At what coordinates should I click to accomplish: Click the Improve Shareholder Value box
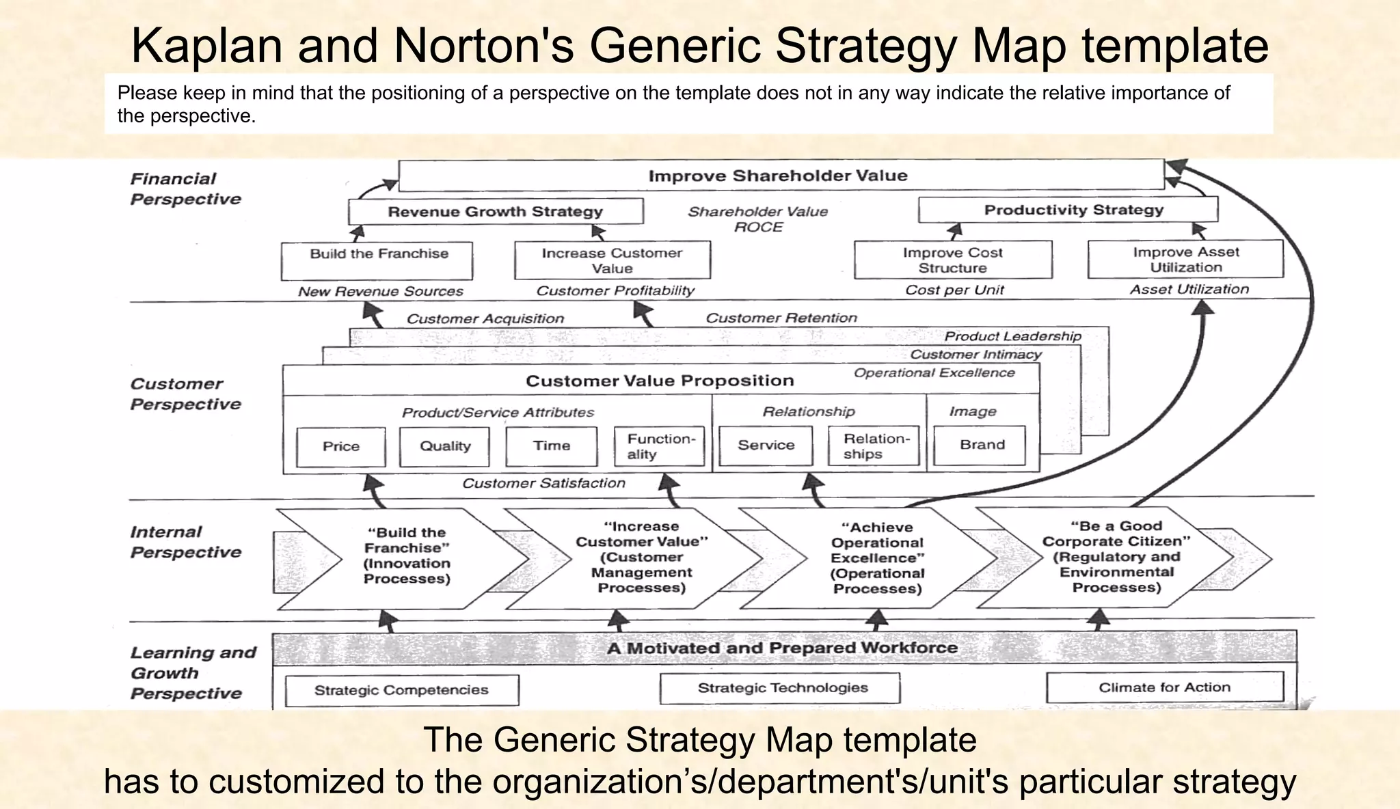779,176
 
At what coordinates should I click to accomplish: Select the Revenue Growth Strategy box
495,211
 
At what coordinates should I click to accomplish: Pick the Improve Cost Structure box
952,260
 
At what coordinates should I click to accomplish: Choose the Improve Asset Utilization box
1185,259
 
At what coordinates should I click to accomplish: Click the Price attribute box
341,446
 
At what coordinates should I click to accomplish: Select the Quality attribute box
445,446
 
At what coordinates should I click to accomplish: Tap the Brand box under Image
982,445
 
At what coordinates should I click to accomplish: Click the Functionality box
660,446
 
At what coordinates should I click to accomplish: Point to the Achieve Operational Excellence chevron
876,558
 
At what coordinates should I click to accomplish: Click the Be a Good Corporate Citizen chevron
1116,556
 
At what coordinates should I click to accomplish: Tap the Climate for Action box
1164,687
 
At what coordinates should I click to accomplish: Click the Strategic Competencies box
401,690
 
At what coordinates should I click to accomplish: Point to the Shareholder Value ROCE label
757,219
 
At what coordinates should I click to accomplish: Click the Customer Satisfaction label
543,483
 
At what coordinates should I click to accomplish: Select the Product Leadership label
1012,336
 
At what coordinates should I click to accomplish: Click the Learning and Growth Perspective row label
192,672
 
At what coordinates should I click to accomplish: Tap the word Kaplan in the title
206,45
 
